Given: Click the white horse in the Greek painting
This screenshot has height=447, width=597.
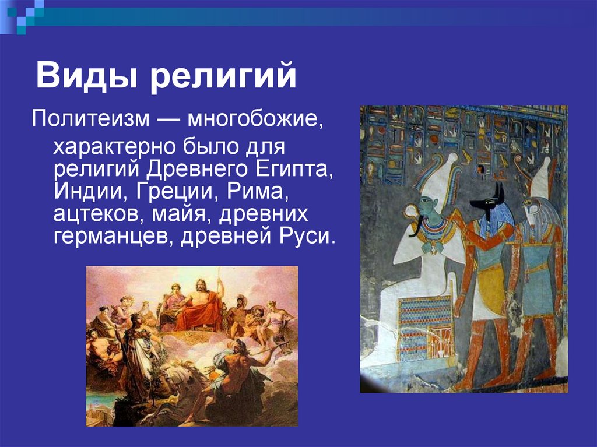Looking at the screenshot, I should coord(175,385).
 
